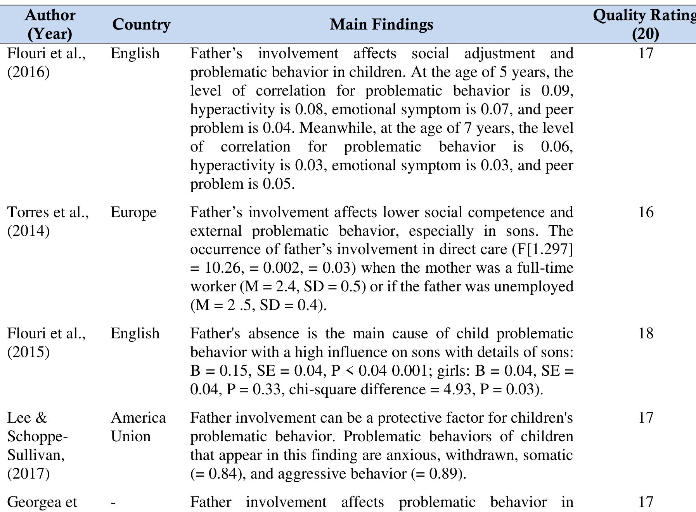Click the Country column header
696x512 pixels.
pyautogui.click(x=141, y=24)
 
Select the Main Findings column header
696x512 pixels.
pyautogui.click(x=381, y=24)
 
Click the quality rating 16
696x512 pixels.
pyautogui.click(x=646, y=212)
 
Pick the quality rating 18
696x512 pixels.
pyautogui.click(x=646, y=334)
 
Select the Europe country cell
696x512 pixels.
pyautogui.click(x=133, y=212)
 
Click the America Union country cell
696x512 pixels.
pyautogui.click(x=138, y=427)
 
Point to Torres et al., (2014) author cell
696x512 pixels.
pyautogui.click(x=48, y=221)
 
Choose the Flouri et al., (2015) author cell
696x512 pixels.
pyautogui.click(x=46, y=343)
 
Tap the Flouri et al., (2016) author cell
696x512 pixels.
pyautogui.click(x=46, y=63)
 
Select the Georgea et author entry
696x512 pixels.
pyautogui.click(x=42, y=502)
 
